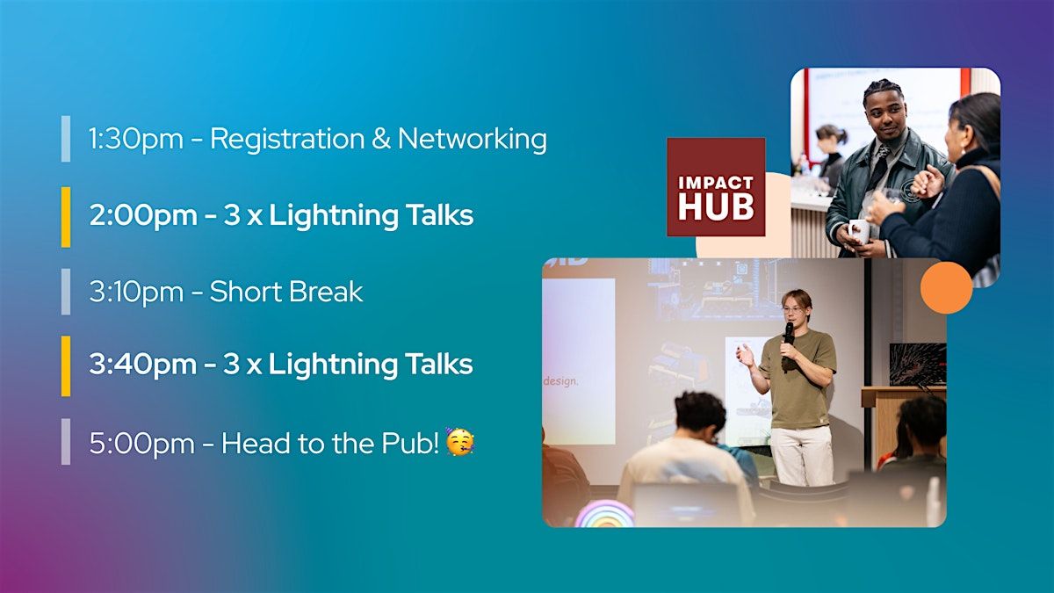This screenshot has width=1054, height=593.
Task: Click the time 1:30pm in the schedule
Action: pos(136,140)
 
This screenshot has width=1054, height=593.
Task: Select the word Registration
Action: pos(287,140)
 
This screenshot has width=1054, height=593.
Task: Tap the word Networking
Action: pos(473,140)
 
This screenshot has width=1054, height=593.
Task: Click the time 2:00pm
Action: pos(143,215)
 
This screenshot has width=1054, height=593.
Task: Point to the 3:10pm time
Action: pos(136,292)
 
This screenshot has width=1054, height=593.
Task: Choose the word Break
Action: pos(326,292)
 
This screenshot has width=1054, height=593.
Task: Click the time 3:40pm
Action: pos(142,365)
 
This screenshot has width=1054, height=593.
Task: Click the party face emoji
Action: pos(459,442)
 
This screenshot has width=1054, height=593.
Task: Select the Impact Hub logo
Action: pos(716,187)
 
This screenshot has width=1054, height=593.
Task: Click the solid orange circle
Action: pos(946,287)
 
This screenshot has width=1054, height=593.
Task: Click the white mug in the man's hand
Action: pos(860,232)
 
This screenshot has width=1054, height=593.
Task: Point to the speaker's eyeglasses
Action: pos(794,309)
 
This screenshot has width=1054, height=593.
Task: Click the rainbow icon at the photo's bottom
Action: pos(605,514)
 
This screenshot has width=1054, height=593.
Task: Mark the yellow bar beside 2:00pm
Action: pos(66,217)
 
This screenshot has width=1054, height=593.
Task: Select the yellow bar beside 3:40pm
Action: pos(66,365)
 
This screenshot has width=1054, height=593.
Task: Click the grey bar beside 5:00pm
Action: pos(66,441)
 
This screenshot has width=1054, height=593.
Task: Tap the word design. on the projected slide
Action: pos(560,381)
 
